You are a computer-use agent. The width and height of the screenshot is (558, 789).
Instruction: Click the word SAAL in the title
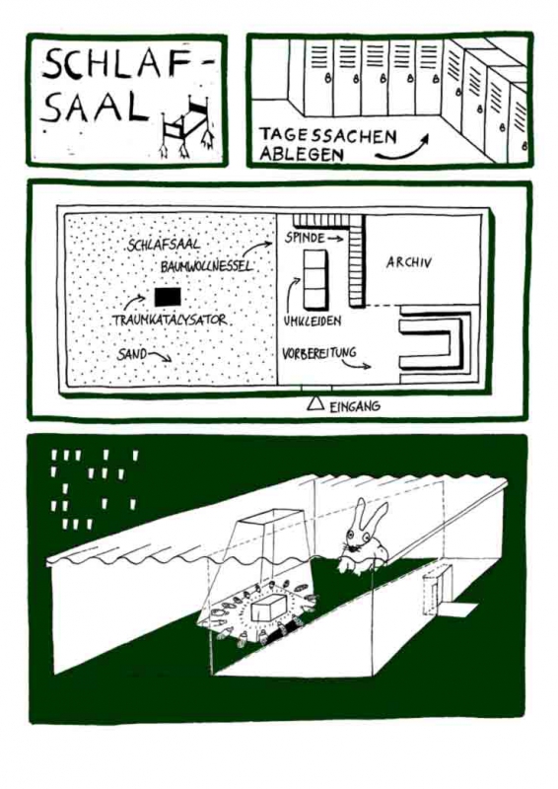pyautogui.click(x=95, y=108)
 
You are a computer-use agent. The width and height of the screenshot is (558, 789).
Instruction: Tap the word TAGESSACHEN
pyautogui.click(x=328, y=136)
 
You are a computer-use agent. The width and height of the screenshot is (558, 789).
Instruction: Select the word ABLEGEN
pyautogui.click(x=302, y=154)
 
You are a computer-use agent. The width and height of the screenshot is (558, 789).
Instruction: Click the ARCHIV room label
pyautogui.click(x=408, y=262)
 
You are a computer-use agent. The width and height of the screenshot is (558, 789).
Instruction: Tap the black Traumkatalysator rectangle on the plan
pyautogui.click(x=168, y=297)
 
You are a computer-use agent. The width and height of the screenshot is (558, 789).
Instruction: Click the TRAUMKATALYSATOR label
pyautogui.click(x=170, y=320)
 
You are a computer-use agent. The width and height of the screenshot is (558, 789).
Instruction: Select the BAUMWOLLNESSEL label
pyautogui.click(x=206, y=266)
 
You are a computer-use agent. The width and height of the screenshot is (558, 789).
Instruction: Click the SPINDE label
pyautogui.click(x=305, y=238)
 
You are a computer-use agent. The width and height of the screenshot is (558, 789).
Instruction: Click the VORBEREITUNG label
pyautogui.click(x=319, y=353)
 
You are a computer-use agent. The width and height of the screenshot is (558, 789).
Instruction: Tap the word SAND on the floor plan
pyautogui.click(x=132, y=354)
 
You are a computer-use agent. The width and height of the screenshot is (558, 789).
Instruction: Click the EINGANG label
pyautogui.click(x=355, y=406)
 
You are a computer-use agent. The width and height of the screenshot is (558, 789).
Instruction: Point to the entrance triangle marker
pyautogui.click(x=315, y=403)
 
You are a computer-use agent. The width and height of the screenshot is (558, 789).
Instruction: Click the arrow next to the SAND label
pyautogui.click(x=161, y=357)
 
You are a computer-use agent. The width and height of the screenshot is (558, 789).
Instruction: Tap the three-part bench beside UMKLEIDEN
pyautogui.click(x=314, y=279)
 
